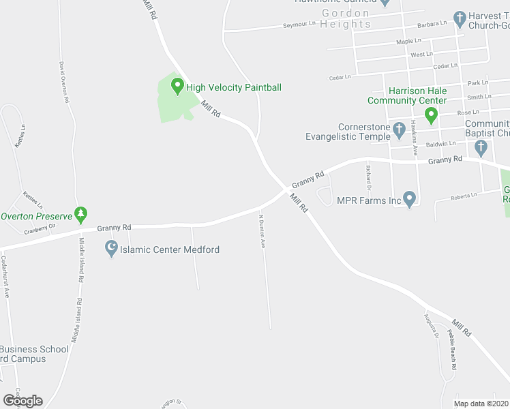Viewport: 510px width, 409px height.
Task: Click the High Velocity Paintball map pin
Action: point(177,87)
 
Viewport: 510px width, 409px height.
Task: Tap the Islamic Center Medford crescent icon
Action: point(111,249)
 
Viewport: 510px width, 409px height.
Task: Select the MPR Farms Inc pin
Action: point(409,200)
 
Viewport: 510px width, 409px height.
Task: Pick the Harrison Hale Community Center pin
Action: point(431,116)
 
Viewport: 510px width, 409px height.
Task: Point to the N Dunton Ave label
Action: point(261,231)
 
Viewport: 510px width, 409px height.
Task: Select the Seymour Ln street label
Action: point(300,25)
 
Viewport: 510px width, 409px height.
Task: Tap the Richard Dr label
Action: point(368,177)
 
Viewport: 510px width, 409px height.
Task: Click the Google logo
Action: point(22,401)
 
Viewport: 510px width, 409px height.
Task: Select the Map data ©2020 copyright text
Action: point(481,404)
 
